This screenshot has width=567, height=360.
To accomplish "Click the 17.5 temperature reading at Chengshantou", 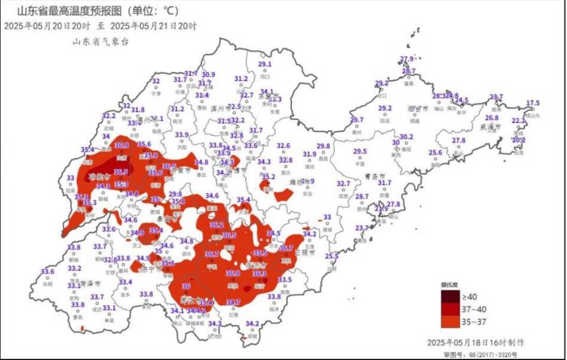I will point(533,103).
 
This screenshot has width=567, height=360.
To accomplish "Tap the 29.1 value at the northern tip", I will point(265,64).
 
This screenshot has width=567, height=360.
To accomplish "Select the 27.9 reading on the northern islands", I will point(406,59).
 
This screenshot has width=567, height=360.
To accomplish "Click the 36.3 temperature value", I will point(259,273).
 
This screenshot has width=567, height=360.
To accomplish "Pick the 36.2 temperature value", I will point(216,225).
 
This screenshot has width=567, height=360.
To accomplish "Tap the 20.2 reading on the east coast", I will point(518,140).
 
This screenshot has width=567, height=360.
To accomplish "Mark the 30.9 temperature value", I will point(208,74).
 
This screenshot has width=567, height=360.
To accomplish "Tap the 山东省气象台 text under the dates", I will point(100,41).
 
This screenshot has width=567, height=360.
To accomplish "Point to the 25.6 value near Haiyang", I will point(435,153).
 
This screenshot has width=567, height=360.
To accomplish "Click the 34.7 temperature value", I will point(233,302).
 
